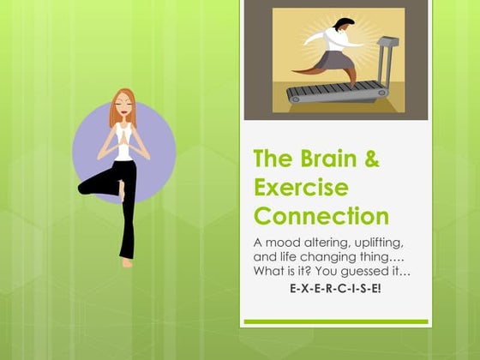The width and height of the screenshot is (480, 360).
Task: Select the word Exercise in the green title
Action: (301, 187)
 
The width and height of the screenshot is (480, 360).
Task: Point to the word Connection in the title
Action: (321, 215)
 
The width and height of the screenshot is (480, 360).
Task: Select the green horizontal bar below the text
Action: (334, 322)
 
